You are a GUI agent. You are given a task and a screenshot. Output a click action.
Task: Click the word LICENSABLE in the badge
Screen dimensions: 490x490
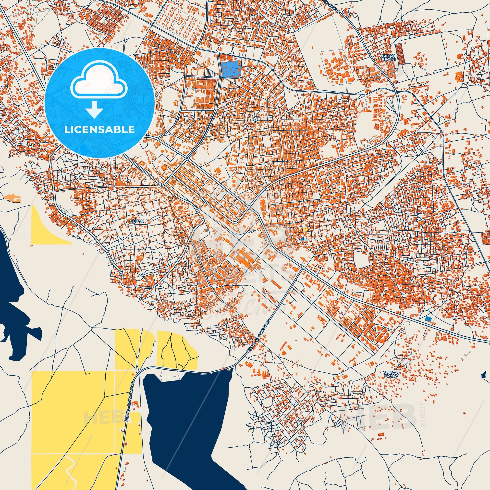[99, 129]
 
